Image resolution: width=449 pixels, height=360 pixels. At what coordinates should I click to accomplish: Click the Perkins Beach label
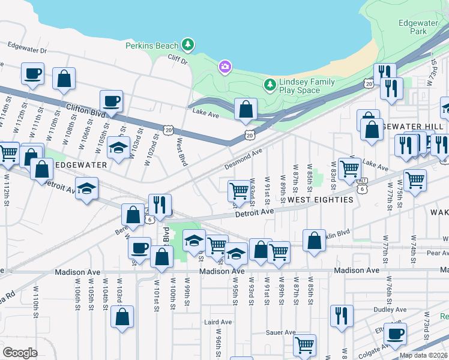[x=152, y=46]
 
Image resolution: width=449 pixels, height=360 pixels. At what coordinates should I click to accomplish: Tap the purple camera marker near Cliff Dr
[x=225, y=66]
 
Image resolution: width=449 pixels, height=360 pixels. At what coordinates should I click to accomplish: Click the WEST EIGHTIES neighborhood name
[x=319, y=199]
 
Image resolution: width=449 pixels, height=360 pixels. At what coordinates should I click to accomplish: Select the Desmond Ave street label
[x=244, y=158]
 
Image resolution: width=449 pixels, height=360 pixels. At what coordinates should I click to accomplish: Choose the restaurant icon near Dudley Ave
[x=342, y=316]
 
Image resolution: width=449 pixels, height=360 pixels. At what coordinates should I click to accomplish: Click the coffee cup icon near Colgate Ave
[x=394, y=334]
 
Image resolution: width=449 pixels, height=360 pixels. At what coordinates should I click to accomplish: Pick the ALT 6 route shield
[x=361, y=181]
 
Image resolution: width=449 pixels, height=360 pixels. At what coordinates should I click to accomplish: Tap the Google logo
[x=20, y=353]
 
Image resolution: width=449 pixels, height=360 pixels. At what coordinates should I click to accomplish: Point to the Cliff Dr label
[x=177, y=61]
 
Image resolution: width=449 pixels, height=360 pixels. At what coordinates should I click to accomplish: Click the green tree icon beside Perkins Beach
[x=188, y=45]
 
